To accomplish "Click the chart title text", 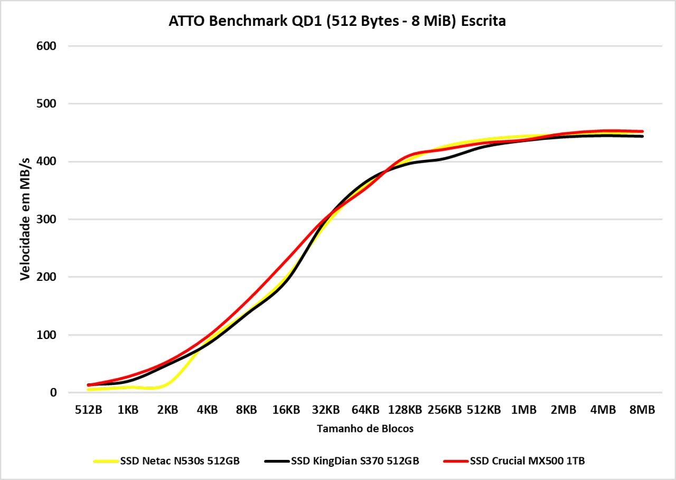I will tap(337, 21).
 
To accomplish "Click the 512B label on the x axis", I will tap(88, 410).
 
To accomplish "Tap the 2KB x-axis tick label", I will tap(167, 410).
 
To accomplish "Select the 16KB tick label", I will tap(286, 410).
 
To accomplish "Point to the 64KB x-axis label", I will tap(365, 410).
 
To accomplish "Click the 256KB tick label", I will tap(444, 410).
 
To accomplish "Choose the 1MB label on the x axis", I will tap(523, 410).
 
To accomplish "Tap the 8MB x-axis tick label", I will tap(642, 410).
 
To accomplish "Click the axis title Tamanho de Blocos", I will tap(365, 429).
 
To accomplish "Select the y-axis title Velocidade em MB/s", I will tap(25, 219).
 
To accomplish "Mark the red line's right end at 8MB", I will tap(642, 131).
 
